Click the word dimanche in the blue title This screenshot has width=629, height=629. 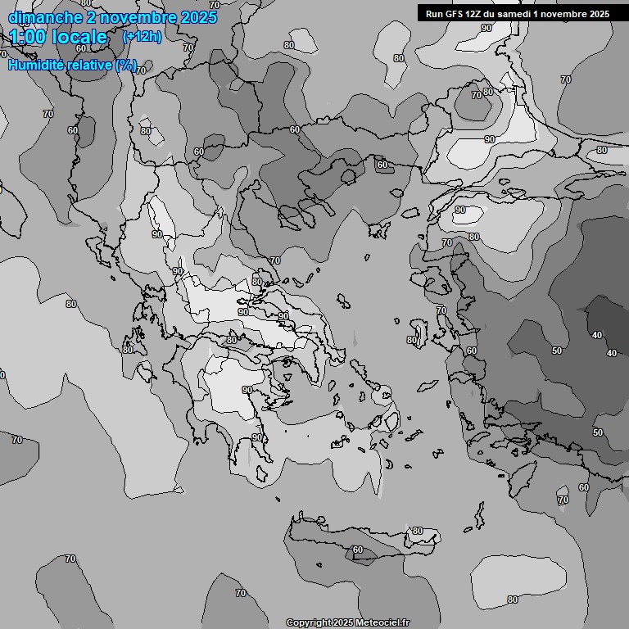pyautogui.click(x=41, y=16)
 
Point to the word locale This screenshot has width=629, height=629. pyautogui.click(x=79, y=37)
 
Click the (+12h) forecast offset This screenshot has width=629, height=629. pyautogui.click(x=142, y=37)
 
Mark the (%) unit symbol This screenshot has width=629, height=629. pyautogui.click(x=125, y=65)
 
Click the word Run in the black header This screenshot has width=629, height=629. pyautogui.click(x=435, y=14)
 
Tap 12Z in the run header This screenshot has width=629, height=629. pyautogui.click(x=477, y=14)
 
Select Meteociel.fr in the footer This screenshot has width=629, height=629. pyautogui.click(x=382, y=623)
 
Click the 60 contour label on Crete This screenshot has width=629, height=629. pyautogui.click(x=357, y=550)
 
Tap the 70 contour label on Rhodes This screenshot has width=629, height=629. pyautogui.click(x=563, y=500)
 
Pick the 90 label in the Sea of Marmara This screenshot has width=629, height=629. pyautogui.click(x=459, y=210)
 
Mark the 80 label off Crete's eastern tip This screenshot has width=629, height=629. pyautogui.click(x=418, y=531)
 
